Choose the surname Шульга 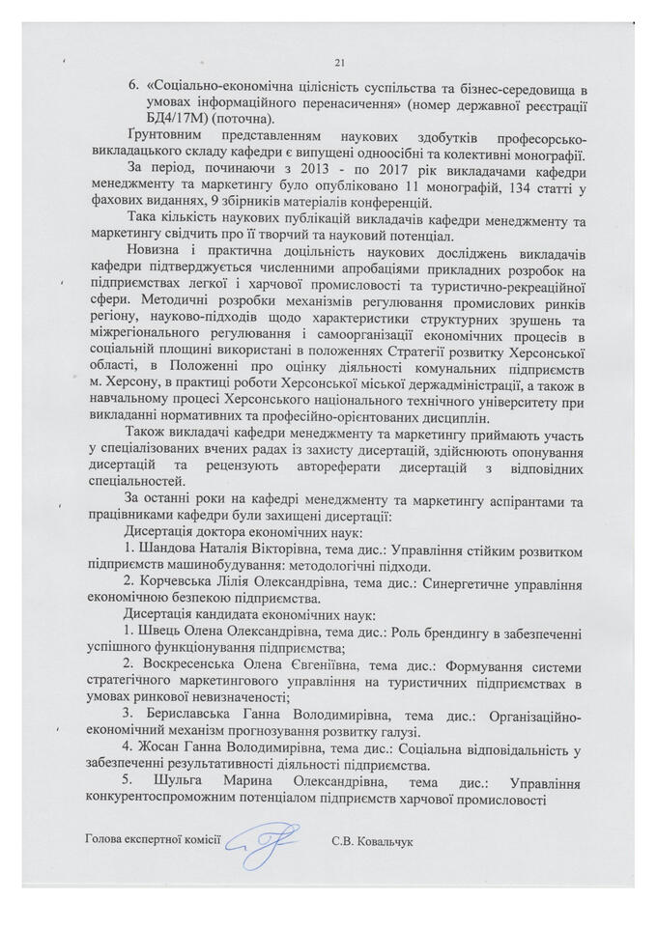tap(197, 777)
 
